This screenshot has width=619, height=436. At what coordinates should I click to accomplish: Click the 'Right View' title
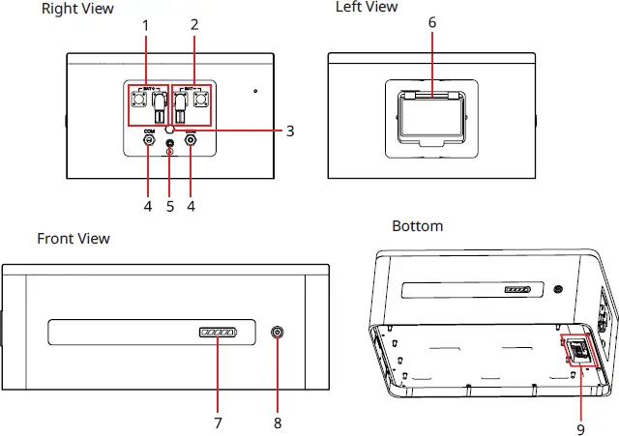tap(77, 9)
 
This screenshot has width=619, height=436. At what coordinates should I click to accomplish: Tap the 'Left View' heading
tap(366, 7)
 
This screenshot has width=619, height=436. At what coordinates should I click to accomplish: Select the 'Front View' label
tap(74, 238)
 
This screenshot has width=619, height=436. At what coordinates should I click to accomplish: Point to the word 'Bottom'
tap(418, 226)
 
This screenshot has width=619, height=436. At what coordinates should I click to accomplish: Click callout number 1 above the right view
tap(146, 25)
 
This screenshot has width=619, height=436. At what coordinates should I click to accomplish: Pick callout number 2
tap(194, 25)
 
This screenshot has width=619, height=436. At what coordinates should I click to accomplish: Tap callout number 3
tap(290, 131)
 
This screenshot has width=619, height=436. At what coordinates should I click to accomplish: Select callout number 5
tap(170, 206)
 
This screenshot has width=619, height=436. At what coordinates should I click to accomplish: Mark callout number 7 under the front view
tap(217, 422)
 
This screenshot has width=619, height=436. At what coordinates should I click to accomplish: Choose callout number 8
tap(279, 422)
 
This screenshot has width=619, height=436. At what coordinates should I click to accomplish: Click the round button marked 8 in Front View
tap(279, 334)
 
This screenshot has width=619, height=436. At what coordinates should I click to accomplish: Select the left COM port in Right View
tap(149, 140)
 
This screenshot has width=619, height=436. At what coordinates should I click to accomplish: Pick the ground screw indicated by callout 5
tap(170, 143)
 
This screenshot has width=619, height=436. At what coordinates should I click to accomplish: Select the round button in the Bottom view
tap(559, 289)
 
